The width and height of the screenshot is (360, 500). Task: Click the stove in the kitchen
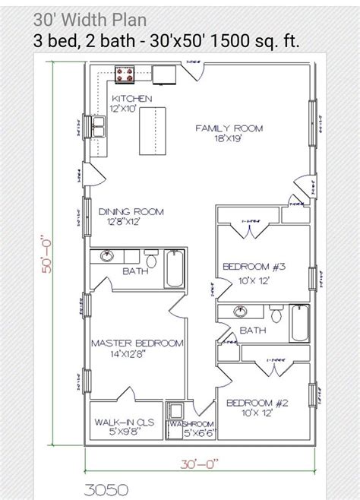point(125,74)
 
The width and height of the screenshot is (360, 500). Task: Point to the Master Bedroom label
point(137,349)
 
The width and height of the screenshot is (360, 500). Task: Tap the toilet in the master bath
point(151,261)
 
